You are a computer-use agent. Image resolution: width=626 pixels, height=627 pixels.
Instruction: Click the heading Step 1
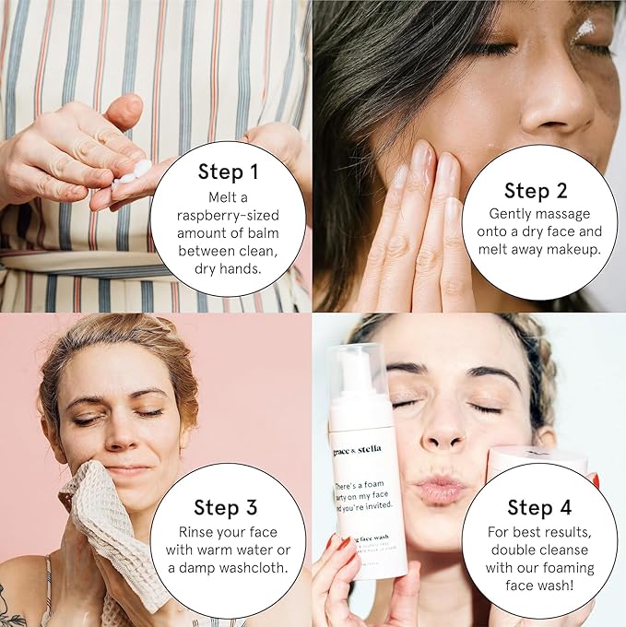pos(227,172)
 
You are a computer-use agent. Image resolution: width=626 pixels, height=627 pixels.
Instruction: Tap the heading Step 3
pos(227,507)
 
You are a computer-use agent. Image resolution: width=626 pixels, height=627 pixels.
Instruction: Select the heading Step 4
pos(540,507)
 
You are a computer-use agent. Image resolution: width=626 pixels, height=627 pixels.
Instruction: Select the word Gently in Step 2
pos(504,213)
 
